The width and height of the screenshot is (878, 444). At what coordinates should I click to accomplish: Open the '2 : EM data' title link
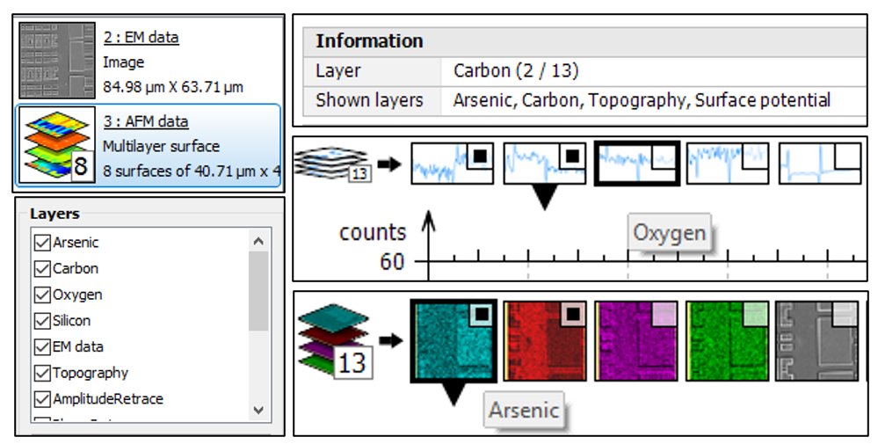[141, 38]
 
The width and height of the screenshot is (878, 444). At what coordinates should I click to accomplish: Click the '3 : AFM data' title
[145, 121]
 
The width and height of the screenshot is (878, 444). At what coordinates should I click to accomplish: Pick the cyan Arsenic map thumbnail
[454, 342]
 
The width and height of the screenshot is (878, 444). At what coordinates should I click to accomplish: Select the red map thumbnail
[545, 342]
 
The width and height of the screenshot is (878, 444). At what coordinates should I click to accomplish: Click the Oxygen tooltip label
[670, 233]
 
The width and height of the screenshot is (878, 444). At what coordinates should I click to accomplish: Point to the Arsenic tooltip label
[524, 410]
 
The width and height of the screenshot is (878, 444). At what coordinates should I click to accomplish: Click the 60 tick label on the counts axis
[391, 262]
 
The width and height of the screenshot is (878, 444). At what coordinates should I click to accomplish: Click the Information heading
[369, 41]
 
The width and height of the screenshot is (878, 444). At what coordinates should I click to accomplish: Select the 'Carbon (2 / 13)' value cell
[516, 71]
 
